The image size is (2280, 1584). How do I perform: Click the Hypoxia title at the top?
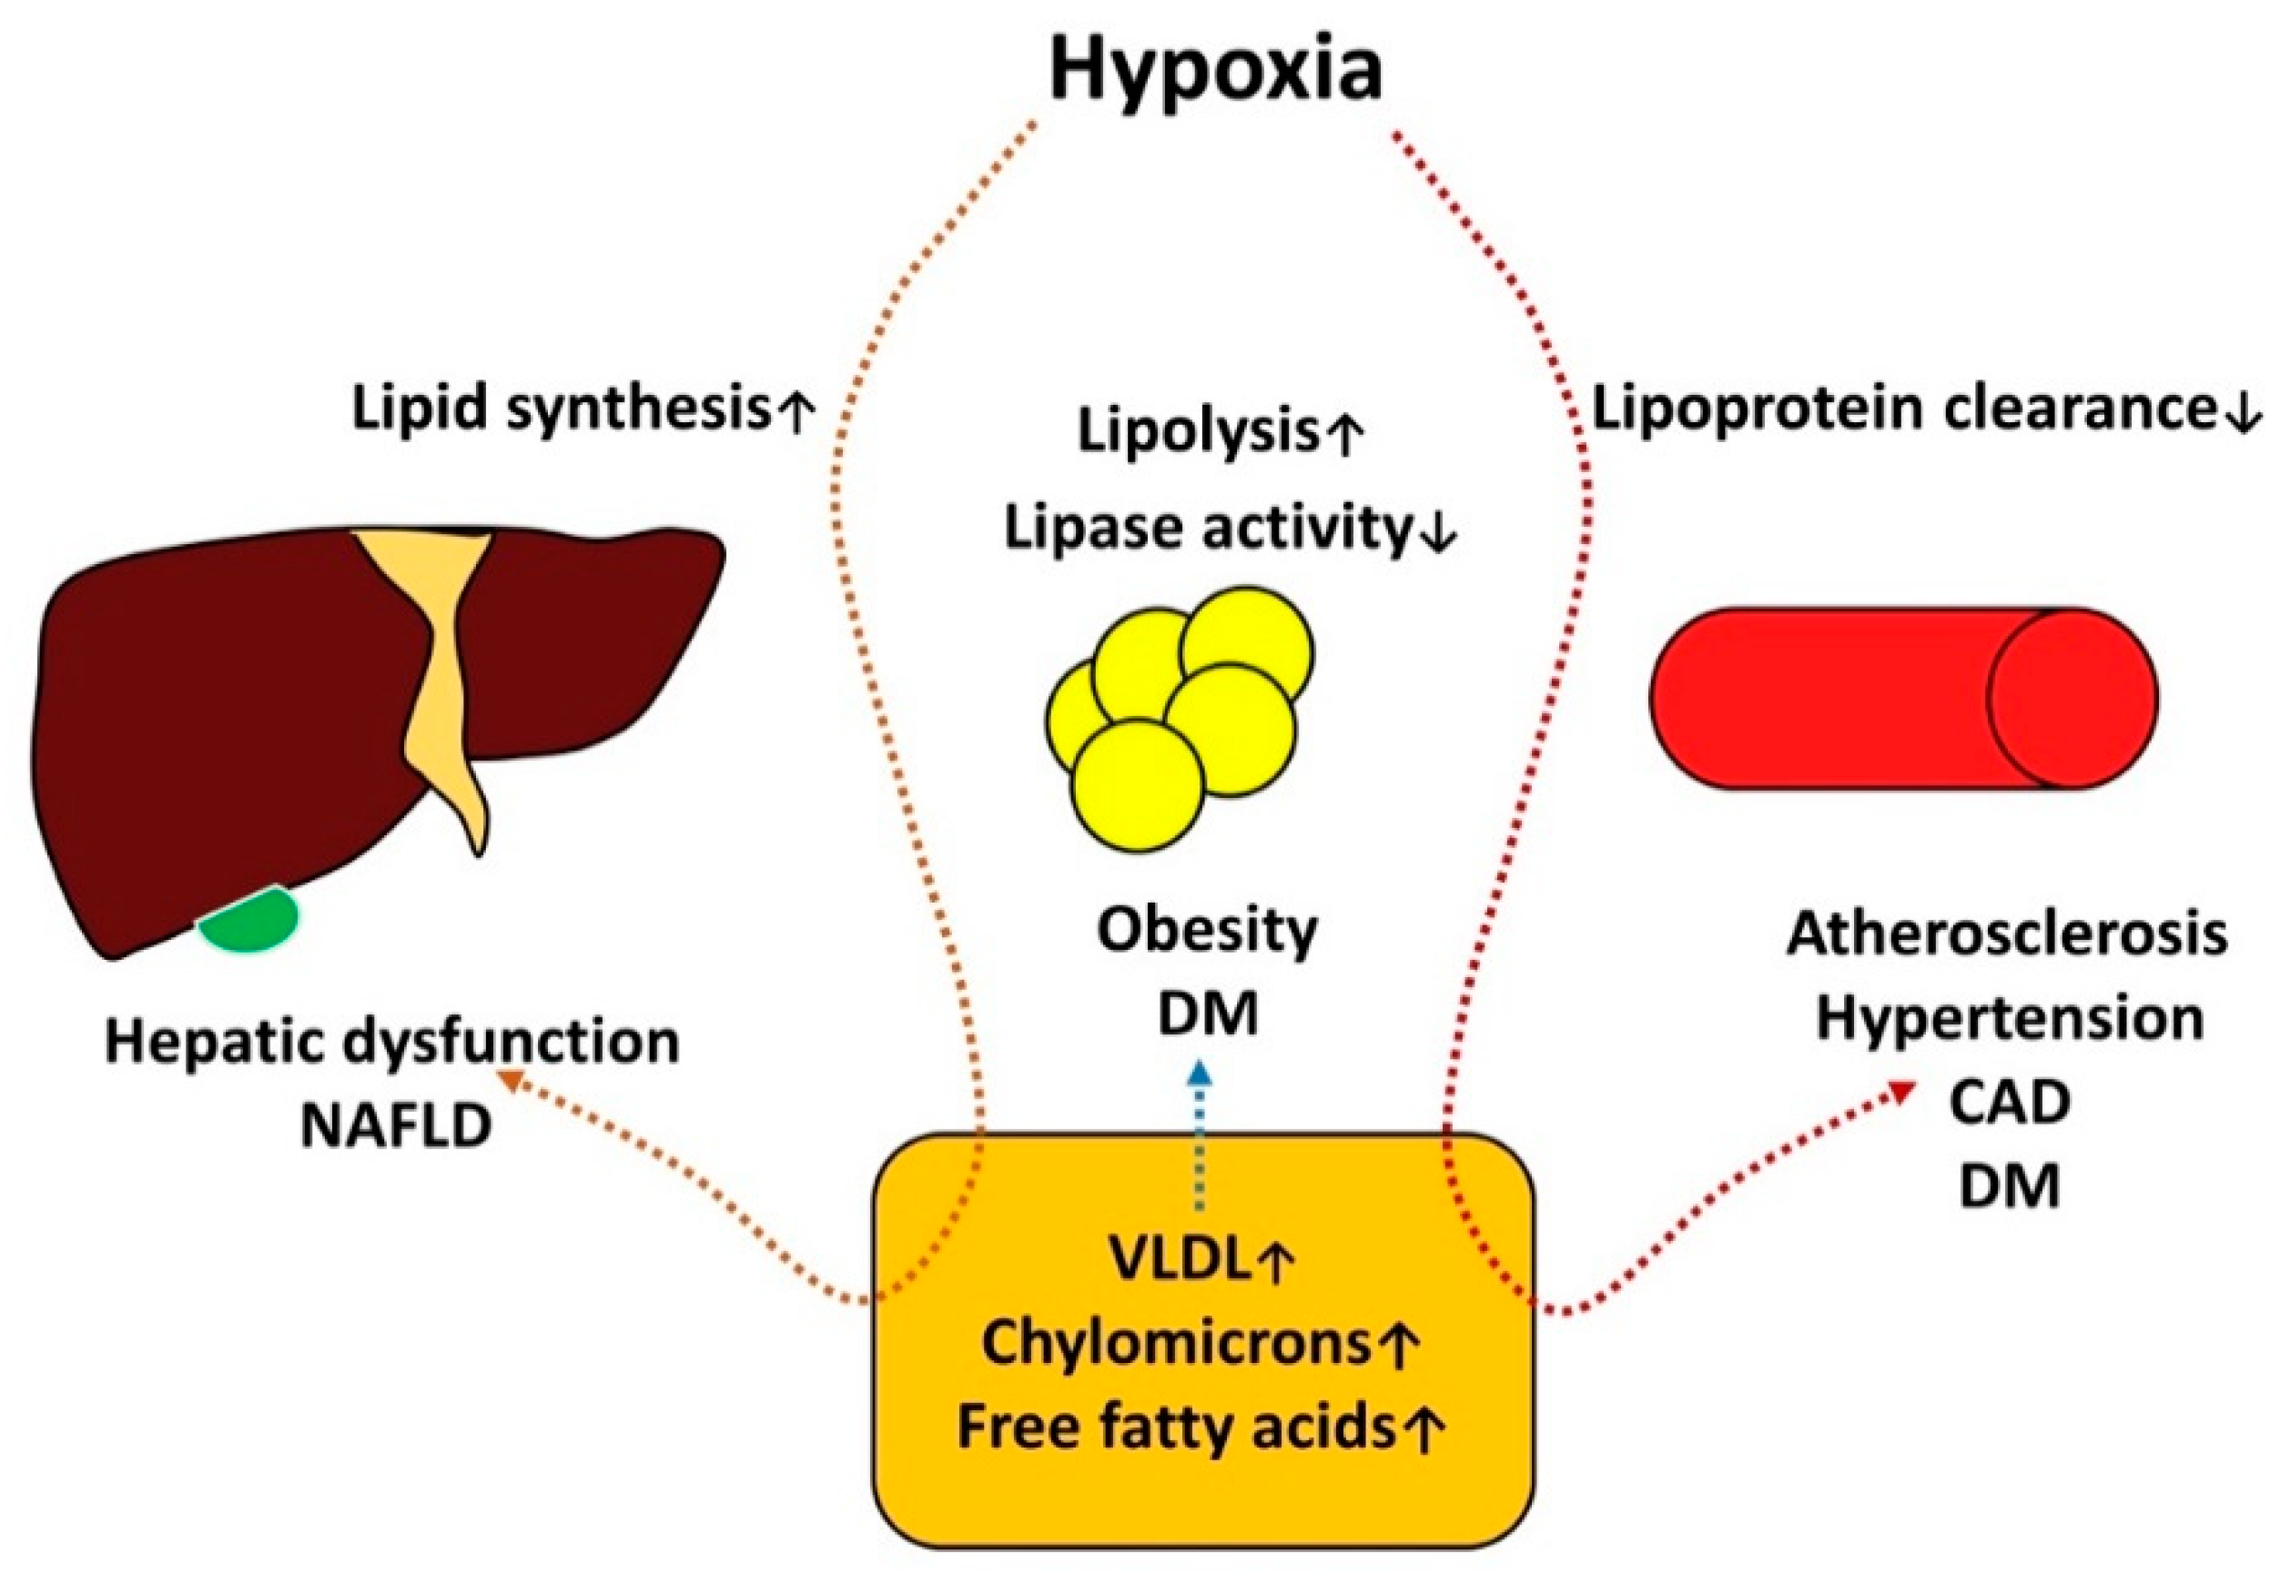coord(1215,72)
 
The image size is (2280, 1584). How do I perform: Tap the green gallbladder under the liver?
coord(249,919)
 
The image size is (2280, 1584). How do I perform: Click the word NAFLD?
coord(396,1125)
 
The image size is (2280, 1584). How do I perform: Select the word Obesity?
coord(1206,930)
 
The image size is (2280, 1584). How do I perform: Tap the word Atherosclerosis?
coord(2007,933)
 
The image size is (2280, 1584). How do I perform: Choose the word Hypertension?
coord(2009,1018)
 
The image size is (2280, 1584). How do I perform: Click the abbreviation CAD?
coord(2009,1102)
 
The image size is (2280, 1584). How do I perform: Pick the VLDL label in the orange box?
coord(1177,1259)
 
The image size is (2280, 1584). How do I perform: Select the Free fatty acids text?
coord(1176,1427)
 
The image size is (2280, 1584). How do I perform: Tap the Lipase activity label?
coord(1206,528)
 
